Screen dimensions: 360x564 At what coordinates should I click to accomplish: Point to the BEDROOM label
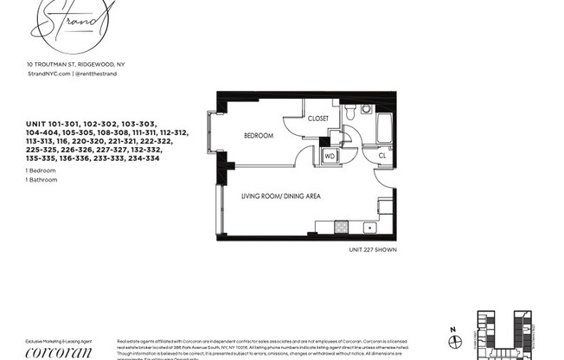[x=258, y=136]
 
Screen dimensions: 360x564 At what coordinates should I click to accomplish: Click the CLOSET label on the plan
[x=316, y=118]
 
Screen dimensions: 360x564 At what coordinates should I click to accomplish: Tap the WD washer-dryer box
[x=329, y=157]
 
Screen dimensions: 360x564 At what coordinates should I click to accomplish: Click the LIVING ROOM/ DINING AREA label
[x=280, y=196]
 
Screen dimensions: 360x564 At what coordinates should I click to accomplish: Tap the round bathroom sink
[x=366, y=110]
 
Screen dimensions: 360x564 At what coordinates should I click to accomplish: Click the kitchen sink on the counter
[x=369, y=228]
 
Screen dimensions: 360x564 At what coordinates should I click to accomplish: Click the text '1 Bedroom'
[x=42, y=171]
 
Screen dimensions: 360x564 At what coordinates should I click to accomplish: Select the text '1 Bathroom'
[x=42, y=180]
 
